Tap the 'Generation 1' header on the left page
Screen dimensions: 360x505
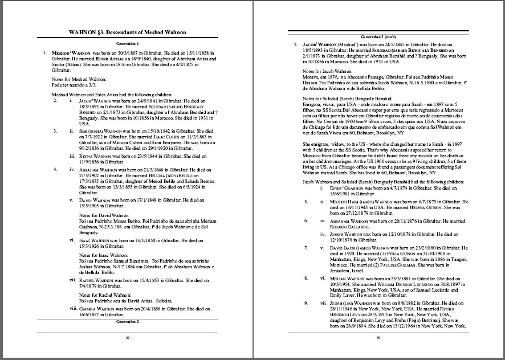pos(127,43)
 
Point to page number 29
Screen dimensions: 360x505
pos(127,338)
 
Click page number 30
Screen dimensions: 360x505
pos(378,338)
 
